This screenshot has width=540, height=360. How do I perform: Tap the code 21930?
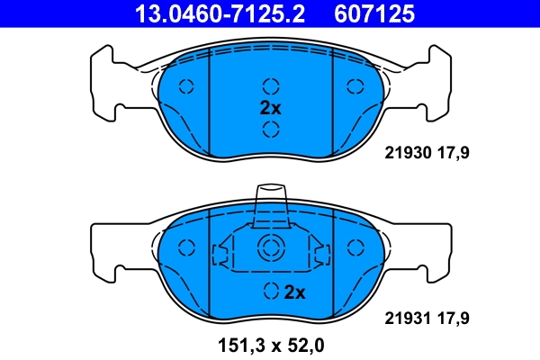point(407,153)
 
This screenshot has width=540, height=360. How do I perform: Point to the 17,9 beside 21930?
point(454,153)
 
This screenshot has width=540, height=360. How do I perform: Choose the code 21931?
point(407,318)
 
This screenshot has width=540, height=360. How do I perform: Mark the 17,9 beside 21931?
point(454,318)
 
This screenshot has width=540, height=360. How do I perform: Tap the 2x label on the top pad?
point(271,107)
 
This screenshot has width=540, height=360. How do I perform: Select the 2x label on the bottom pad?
point(295,292)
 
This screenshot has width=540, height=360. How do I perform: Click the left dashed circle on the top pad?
point(187,87)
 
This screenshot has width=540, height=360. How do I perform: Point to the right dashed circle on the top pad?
point(353,87)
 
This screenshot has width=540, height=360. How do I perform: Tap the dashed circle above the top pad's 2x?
point(270,86)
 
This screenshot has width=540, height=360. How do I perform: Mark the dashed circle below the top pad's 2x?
point(270,129)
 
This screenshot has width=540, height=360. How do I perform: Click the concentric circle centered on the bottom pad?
point(270,249)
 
